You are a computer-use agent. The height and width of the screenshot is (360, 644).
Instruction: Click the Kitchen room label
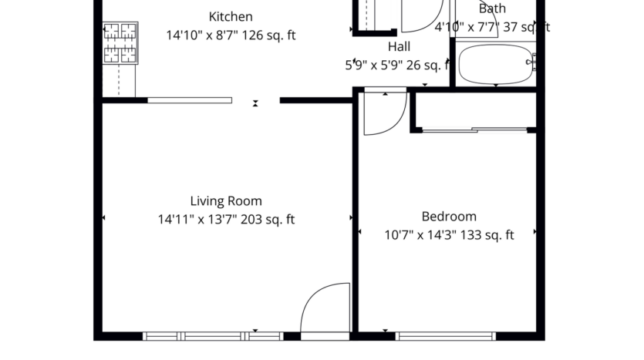[x=231, y=16]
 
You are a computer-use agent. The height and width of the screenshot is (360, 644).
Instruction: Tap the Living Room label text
[x=226, y=201]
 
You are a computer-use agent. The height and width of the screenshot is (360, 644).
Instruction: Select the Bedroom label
[x=448, y=217]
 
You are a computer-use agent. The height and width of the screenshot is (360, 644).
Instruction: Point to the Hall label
[x=399, y=46]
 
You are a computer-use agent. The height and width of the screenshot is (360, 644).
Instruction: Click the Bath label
[x=492, y=9]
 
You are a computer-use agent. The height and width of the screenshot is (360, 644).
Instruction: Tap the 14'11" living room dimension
[x=174, y=220]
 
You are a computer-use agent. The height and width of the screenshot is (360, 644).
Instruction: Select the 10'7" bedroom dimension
[x=399, y=235]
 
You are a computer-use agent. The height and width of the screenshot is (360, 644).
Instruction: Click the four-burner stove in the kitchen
[x=120, y=42]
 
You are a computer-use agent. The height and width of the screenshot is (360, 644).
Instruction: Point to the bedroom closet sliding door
[x=474, y=130]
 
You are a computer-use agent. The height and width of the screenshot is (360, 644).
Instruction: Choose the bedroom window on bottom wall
[x=445, y=336]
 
